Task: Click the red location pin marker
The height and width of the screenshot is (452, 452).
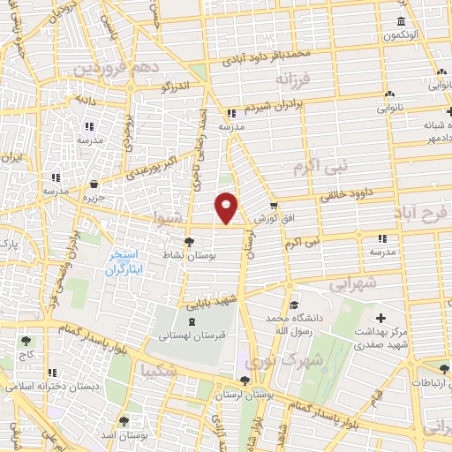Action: click(x=227, y=207)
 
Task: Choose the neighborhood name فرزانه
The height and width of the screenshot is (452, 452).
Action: click(x=294, y=80)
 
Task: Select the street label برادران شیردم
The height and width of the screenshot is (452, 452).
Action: click(x=274, y=107)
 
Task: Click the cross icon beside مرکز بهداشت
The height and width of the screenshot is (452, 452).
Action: click(x=380, y=318)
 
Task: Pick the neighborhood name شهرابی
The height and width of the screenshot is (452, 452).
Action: click(x=353, y=284)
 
